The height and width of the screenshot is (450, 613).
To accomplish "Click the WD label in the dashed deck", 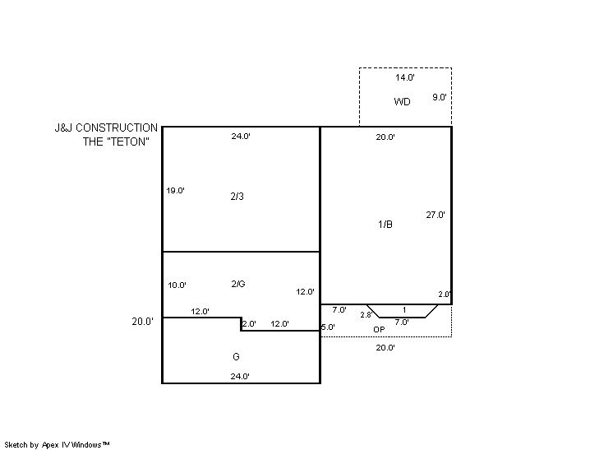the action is click(402, 102).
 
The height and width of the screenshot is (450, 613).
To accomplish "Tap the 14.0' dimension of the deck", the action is click(404, 77).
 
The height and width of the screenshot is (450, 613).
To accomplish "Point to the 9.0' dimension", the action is click(440, 97).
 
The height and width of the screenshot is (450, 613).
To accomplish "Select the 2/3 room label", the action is click(237, 197).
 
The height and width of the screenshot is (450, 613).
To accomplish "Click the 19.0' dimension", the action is click(175, 191).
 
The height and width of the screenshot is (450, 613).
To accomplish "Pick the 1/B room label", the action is click(385, 225).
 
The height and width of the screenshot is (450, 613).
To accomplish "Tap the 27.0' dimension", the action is click(436, 215).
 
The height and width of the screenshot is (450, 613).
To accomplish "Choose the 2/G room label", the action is click(238, 284).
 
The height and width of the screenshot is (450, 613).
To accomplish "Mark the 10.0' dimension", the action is click(177, 285).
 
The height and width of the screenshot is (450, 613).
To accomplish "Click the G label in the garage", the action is click(236, 356).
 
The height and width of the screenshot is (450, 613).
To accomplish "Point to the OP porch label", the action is click(379, 329).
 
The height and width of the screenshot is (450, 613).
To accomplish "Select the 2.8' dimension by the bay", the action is click(366, 314).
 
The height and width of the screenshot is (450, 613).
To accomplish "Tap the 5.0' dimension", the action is click(328, 327).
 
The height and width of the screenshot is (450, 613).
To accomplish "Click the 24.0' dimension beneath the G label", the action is click(240, 377).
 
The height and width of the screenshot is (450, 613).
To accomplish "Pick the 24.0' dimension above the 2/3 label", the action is click(241, 137).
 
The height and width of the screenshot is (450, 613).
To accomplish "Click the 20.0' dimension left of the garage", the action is click(143, 322).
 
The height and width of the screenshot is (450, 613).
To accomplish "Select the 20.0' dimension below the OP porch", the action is click(385, 347).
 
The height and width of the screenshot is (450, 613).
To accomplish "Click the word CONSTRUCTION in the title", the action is click(117, 128).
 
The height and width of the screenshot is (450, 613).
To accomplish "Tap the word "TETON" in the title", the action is click(128, 141).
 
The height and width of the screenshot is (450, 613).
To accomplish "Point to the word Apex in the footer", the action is click(50, 445).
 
